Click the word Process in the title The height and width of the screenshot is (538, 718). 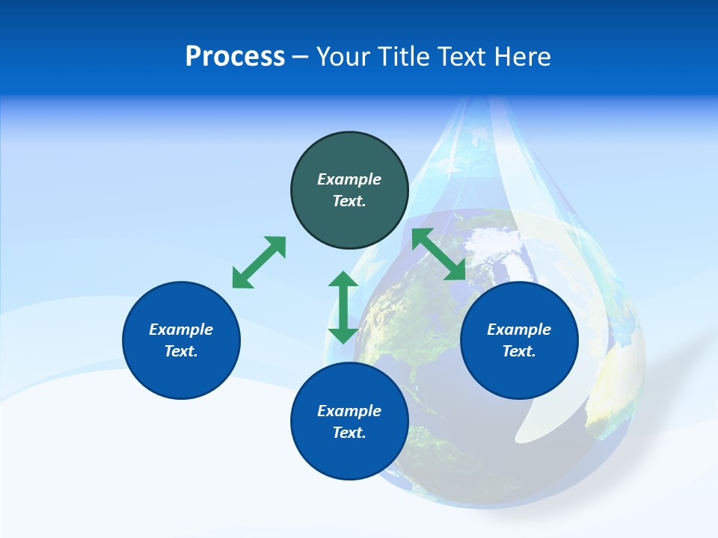click(x=235, y=57)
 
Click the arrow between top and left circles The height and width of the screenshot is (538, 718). click(x=259, y=262)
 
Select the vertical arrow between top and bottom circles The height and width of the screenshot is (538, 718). click(x=343, y=307)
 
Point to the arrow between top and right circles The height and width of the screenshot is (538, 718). click(x=439, y=254)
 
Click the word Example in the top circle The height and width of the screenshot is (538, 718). click(x=349, y=179)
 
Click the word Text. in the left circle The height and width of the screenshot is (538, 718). click(x=181, y=351)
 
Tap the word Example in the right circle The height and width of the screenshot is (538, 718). click(x=519, y=330)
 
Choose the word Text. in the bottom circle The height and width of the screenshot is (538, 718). click(x=349, y=433)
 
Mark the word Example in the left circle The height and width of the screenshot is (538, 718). click(x=181, y=330)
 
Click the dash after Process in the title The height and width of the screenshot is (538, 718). click(x=301, y=57)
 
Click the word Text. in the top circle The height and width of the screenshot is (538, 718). click(x=349, y=201)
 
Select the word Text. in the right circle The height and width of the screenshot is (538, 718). click(x=519, y=351)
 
